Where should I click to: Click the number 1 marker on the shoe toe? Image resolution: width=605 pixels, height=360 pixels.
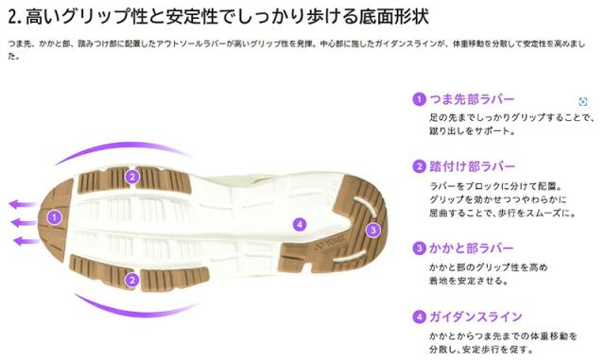55,216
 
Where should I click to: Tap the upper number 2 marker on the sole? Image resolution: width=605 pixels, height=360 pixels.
132,176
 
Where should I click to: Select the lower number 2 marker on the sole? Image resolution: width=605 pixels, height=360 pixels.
132,279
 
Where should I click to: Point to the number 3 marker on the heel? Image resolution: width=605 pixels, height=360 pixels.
372,230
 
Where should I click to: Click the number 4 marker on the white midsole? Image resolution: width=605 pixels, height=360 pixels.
300,224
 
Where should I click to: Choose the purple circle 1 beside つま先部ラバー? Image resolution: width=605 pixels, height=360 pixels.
418,99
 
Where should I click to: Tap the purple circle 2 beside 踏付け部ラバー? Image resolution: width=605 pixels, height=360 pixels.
418,166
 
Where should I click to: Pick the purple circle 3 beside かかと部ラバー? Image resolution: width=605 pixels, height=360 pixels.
418,249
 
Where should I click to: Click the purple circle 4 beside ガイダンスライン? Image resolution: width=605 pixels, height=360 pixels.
418,317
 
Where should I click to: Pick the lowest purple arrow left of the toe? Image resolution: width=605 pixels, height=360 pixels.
26,241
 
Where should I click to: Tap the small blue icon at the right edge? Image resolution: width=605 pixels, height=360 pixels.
583,101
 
